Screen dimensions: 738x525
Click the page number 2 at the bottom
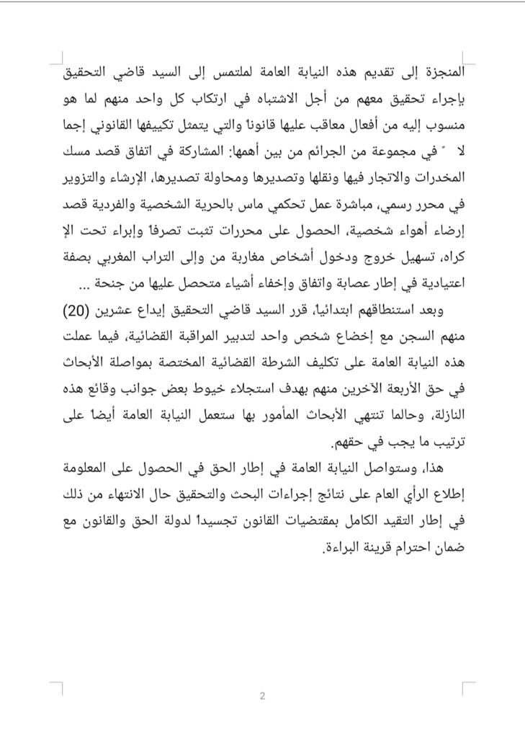pyautogui.click(x=262, y=695)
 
